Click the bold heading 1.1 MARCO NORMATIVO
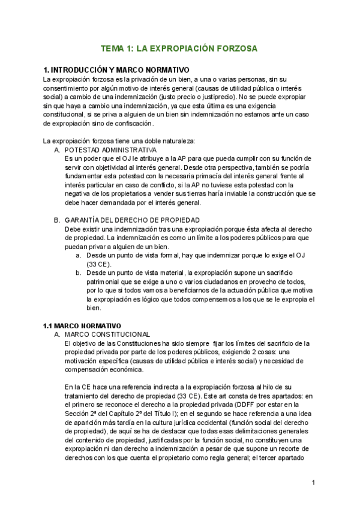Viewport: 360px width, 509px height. pyautogui.click(x=82, y=325)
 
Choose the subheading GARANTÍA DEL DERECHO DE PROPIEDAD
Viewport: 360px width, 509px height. pyautogui.click(x=132, y=220)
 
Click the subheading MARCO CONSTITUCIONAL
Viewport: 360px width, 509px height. pyautogui.click(x=106, y=334)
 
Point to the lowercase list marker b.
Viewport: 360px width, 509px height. pyautogui.click(x=79, y=273)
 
